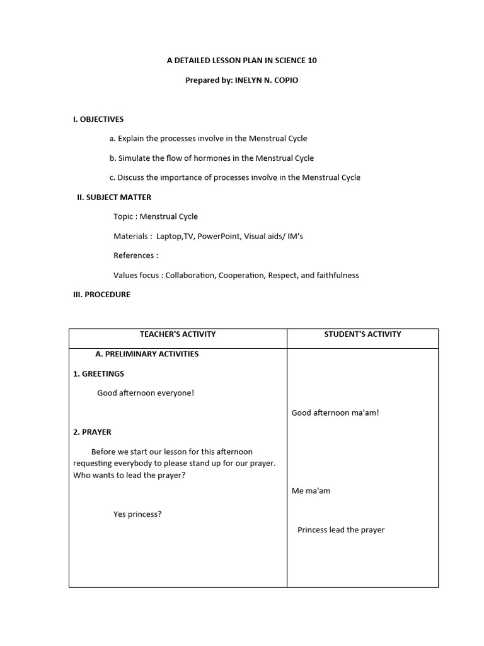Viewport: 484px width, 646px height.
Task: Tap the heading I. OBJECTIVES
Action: click(98, 119)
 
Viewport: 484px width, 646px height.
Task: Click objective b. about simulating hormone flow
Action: click(211, 158)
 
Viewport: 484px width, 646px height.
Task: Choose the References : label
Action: click(135, 255)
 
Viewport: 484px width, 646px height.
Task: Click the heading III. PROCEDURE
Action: click(102, 295)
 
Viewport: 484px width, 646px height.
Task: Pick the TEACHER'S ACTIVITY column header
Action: click(178, 334)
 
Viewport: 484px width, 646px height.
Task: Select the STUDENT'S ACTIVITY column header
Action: click(362, 334)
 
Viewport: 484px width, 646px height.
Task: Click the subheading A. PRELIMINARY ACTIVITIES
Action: click(147, 354)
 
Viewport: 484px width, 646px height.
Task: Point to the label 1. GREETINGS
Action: click(98, 373)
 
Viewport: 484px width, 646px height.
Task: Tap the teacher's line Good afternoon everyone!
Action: click(146, 393)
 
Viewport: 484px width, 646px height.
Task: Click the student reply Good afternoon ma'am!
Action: click(335, 413)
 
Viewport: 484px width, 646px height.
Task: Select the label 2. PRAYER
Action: click(92, 432)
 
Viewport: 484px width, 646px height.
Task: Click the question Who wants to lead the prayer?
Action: click(129, 475)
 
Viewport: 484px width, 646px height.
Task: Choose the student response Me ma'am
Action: click(311, 490)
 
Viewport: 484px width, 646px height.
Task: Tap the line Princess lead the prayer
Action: click(341, 530)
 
